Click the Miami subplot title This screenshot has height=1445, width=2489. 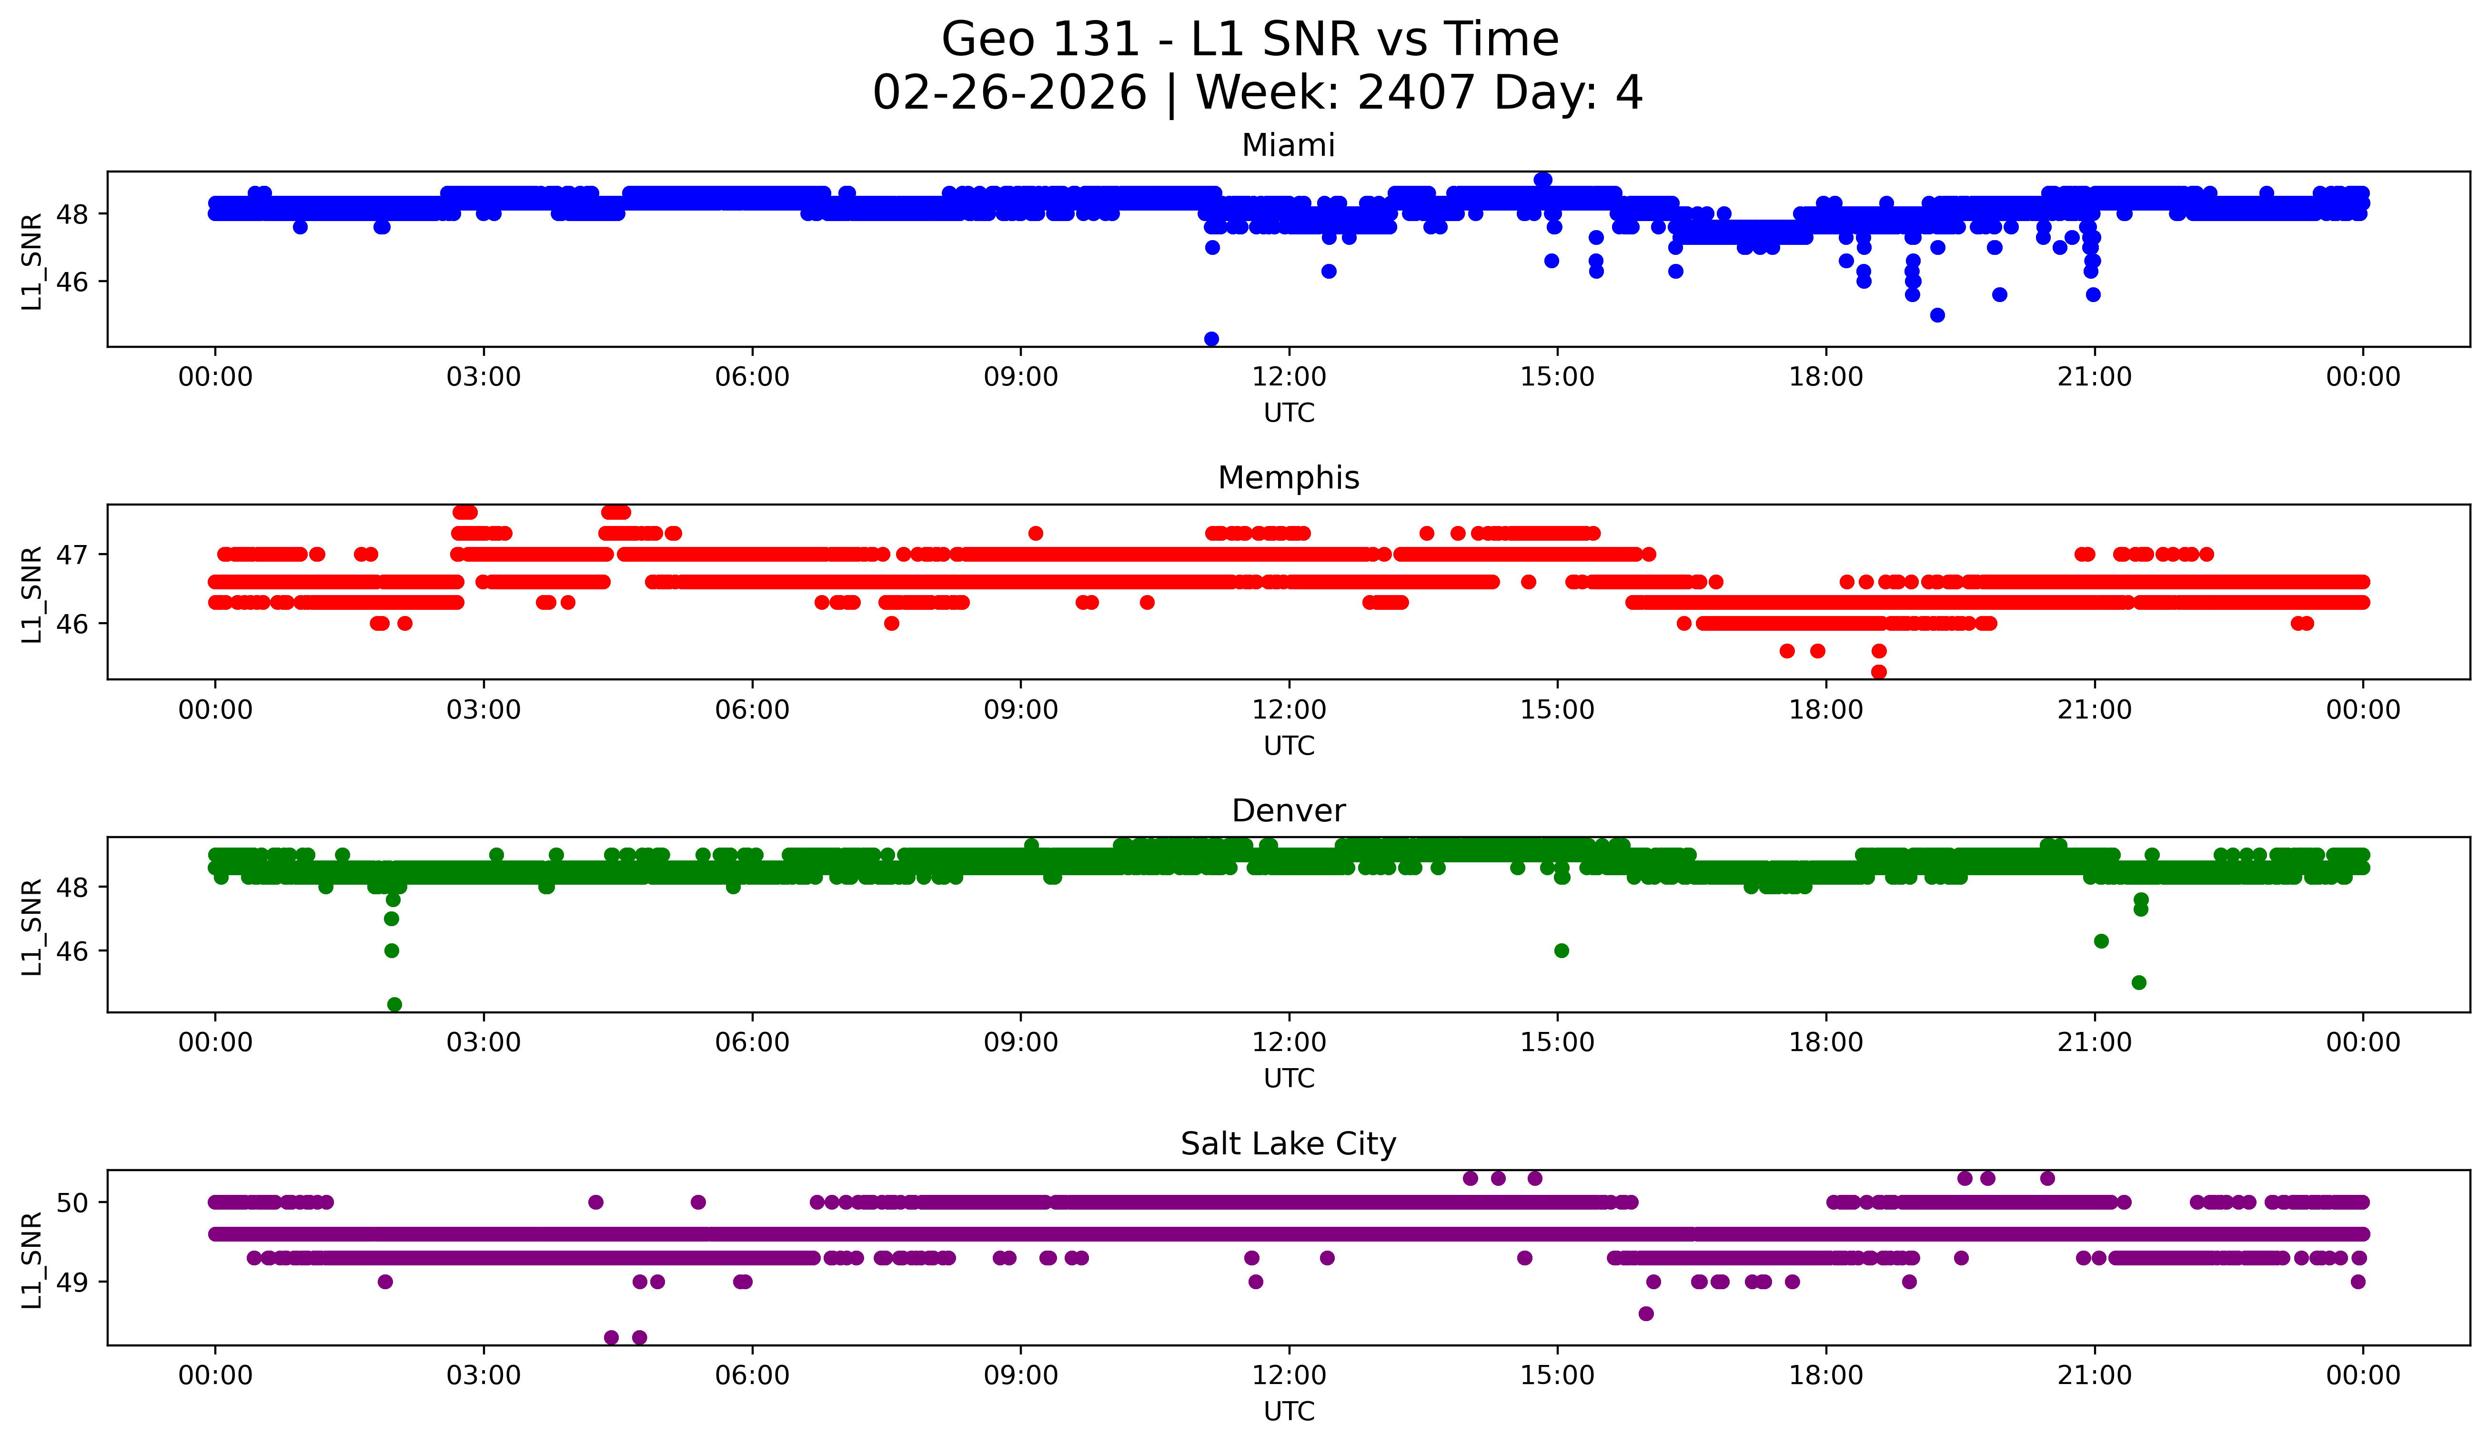[1288, 145]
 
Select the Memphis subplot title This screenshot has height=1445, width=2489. [1288, 478]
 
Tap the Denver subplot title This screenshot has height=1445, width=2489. [1288, 811]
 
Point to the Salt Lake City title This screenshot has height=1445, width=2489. [1288, 1144]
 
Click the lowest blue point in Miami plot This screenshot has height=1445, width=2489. [1211, 339]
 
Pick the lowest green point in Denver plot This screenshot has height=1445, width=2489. [394, 1004]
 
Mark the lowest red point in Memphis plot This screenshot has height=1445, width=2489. [1879, 672]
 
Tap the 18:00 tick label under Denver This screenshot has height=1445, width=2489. [1825, 1043]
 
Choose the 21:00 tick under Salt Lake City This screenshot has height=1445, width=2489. [2094, 1376]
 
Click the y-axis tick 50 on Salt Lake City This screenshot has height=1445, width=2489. [72, 1202]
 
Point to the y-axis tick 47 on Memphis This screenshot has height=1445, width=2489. [72, 554]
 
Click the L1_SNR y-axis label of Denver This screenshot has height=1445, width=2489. [31, 927]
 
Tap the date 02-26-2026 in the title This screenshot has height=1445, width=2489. [1009, 93]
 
